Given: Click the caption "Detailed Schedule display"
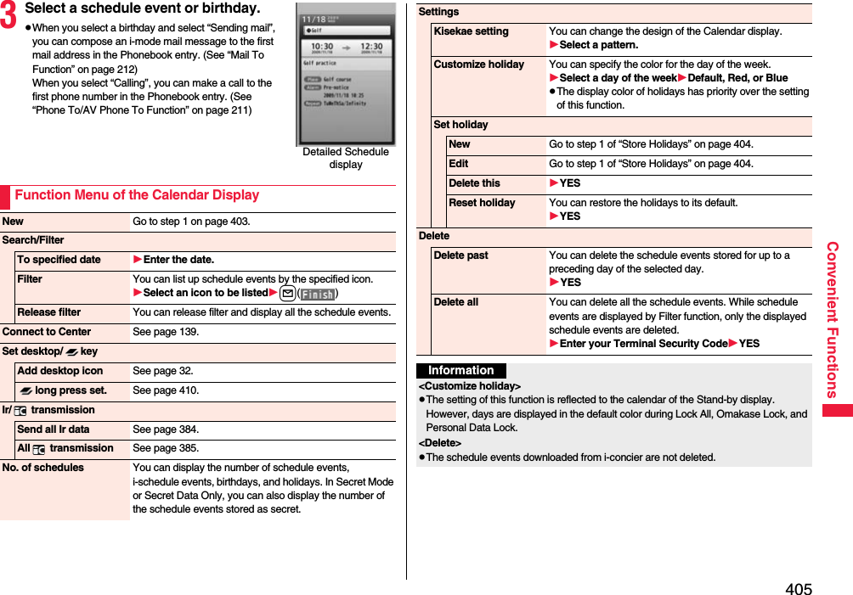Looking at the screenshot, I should tap(346, 158).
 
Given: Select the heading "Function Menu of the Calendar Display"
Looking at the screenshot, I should tap(137, 195).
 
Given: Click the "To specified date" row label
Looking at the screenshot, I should tap(59, 260).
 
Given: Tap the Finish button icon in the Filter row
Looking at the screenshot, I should tap(318, 294).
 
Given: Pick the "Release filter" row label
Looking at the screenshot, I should tap(49, 312).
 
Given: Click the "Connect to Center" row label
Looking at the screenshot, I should tap(47, 332).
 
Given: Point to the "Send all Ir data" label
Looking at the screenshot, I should tap(54, 429).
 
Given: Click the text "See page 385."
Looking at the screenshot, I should tap(166, 448).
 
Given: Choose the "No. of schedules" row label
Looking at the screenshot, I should tap(43, 468).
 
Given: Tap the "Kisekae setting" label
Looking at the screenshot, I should tap(471, 31).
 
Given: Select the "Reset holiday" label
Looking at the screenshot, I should tap(482, 203).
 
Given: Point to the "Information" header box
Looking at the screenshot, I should tap(460, 371).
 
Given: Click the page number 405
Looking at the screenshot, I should tap(798, 588).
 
